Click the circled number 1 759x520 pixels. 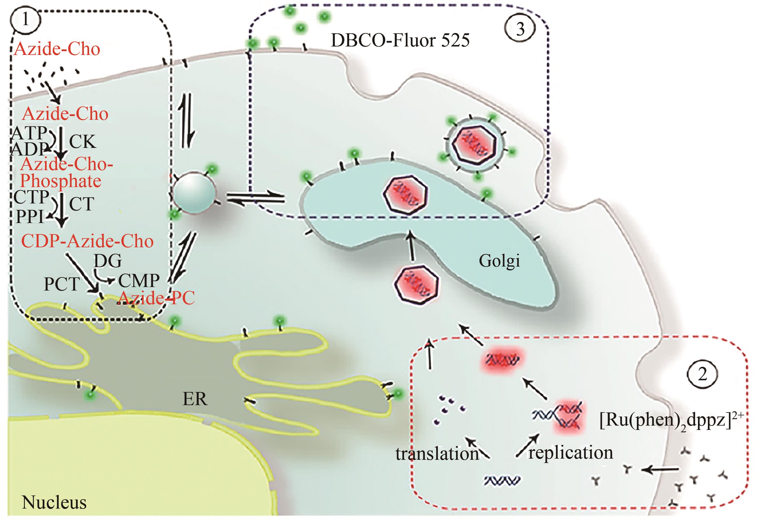(x=25, y=20)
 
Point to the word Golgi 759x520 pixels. (x=499, y=261)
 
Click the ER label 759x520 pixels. (x=195, y=399)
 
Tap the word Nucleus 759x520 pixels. (x=54, y=502)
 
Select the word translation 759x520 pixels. (x=437, y=454)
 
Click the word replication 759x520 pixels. (x=571, y=453)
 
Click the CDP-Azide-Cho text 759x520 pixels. (x=87, y=241)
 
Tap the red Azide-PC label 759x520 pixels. (x=156, y=298)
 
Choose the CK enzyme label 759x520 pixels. (x=82, y=141)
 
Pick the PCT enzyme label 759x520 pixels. (x=62, y=284)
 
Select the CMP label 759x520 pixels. (x=139, y=280)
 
